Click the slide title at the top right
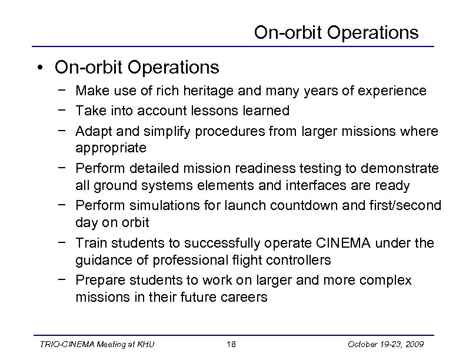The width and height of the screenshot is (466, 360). pos(336,32)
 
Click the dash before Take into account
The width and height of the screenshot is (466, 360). pos(63,110)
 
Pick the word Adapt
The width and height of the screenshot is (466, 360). pos(91,129)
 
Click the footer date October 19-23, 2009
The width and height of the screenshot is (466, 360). pos(390,344)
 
